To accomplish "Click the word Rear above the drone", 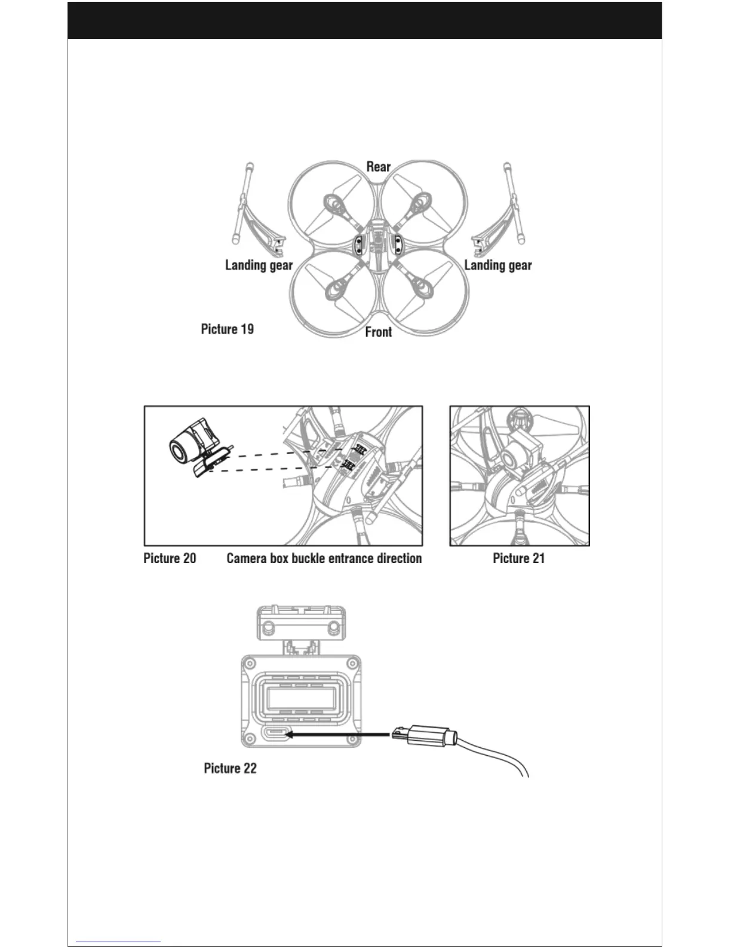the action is click(x=378, y=167).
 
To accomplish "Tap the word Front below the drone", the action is click(x=379, y=332).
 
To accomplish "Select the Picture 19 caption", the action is click(x=227, y=329).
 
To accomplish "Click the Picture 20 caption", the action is click(x=170, y=558).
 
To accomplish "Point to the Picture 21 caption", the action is click(x=518, y=558).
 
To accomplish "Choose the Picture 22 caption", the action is click(x=230, y=768).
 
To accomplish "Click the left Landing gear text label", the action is click(x=259, y=265).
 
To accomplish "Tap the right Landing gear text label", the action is click(x=498, y=265).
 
